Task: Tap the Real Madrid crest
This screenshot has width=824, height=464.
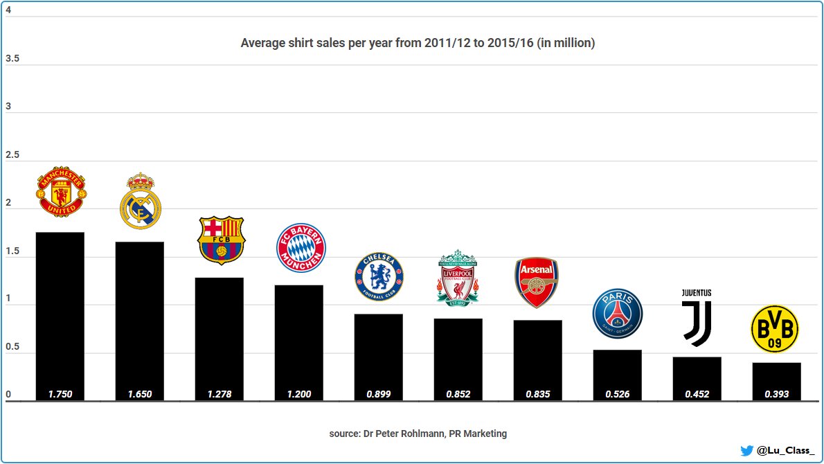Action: point(141,201)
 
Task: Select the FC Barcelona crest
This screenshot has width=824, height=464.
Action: point(222,240)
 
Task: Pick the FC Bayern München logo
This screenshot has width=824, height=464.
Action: point(301,248)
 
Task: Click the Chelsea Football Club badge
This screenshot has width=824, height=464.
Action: point(379,277)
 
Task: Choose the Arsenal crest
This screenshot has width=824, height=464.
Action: point(537,283)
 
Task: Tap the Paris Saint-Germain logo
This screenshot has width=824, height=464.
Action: point(618,314)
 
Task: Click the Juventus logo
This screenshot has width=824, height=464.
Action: point(697,318)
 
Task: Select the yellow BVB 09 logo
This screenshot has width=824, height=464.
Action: point(775,329)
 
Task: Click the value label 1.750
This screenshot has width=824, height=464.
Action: point(60,395)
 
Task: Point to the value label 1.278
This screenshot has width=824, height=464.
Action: point(220,395)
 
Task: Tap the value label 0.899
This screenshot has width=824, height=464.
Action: point(379,395)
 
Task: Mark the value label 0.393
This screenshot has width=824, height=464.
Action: point(777,395)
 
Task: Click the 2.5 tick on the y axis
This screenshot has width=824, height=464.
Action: point(12,155)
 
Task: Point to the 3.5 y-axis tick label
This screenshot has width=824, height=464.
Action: point(12,59)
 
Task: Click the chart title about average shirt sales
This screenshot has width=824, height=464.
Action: point(418,43)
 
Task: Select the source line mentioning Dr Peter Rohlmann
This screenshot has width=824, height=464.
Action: point(418,434)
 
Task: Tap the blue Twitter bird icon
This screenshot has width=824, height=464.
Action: point(746,450)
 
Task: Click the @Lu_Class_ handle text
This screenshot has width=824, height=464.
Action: point(786,450)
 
